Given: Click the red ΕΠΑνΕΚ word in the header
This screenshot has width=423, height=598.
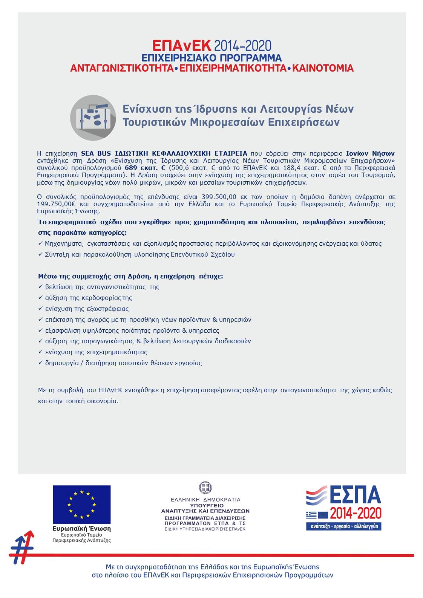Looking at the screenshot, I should pyautogui.click(x=182, y=46).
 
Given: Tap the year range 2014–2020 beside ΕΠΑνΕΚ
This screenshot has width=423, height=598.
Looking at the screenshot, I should pyautogui.click(x=242, y=46).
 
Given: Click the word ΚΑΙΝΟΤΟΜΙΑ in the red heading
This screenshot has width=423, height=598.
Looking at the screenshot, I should pyautogui.click(x=323, y=68).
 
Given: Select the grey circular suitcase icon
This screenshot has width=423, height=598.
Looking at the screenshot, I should pyautogui.click(x=93, y=118).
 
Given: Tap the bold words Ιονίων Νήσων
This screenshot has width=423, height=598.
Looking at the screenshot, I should pyautogui.click(x=370, y=153).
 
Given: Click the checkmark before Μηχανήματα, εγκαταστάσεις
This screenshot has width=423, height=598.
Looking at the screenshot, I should pyautogui.click(x=40, y=243).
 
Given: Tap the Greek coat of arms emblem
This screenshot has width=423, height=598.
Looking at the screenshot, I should pyautogui.click(x=205, y=488).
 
